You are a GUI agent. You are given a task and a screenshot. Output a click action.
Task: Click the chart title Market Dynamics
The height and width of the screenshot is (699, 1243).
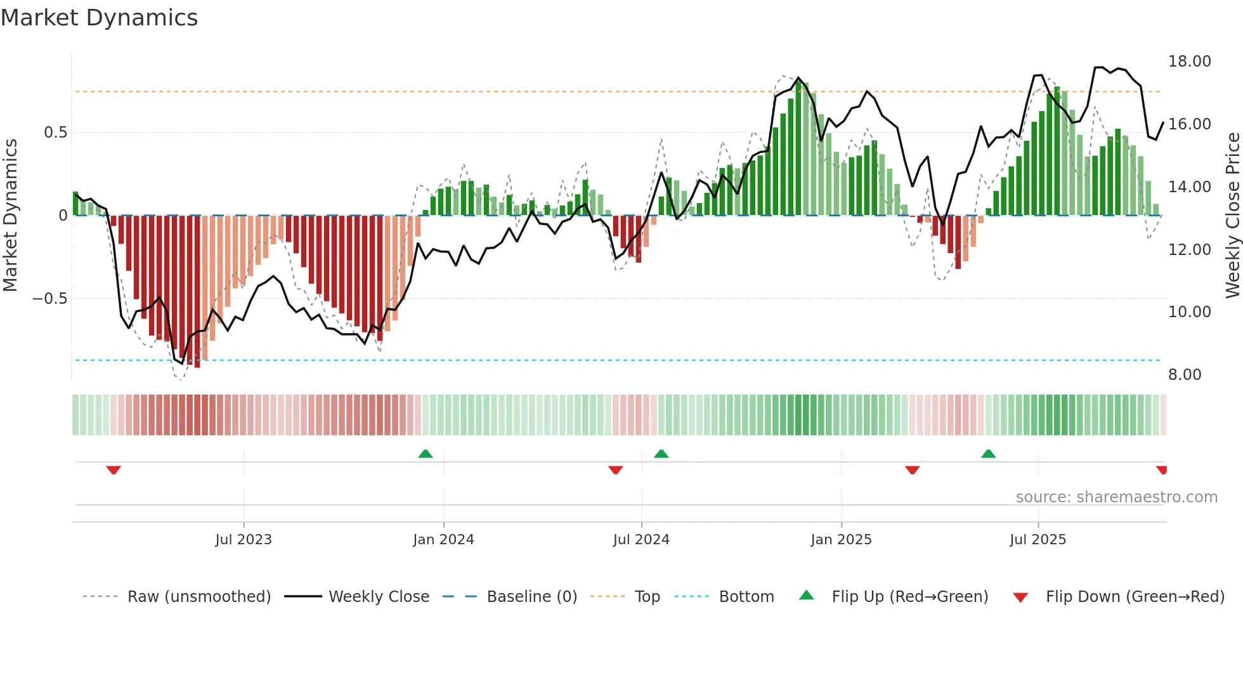[x=99, y=18]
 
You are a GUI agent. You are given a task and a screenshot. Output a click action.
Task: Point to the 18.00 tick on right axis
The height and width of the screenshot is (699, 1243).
[x=1189, y=62]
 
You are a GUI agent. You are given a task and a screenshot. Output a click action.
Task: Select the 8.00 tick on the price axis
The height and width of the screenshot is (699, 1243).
[x=1185, y=375]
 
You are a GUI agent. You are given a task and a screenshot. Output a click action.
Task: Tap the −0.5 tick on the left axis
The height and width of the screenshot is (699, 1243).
[x=49, y=299]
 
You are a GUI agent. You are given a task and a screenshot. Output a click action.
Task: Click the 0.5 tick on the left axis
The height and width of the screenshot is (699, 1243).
[x=55, y=133]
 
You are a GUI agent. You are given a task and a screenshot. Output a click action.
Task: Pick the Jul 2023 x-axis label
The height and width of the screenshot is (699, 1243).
[x=244, y=540]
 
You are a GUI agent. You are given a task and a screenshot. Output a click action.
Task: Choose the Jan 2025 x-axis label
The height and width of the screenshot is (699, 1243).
[x=841, y=540]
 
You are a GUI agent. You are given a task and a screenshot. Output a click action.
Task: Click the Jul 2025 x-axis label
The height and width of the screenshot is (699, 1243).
[x=1038, y=540]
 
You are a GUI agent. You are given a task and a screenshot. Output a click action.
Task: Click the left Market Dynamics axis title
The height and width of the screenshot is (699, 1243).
[x=10, y=216]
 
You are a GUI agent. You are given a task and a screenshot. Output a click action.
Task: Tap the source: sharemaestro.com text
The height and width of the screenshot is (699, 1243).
[x=1116, y=497]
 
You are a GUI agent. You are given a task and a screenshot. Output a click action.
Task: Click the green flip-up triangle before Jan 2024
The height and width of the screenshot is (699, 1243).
[x=426, y=454]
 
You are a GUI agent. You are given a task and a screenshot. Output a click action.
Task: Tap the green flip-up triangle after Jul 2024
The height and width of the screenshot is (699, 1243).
[x=661, y=454]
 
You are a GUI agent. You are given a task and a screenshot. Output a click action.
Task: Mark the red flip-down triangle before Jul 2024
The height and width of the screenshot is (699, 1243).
[x=615, y=470]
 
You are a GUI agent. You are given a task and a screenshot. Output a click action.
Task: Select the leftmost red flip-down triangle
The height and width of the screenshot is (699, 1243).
[x=114, y=470]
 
